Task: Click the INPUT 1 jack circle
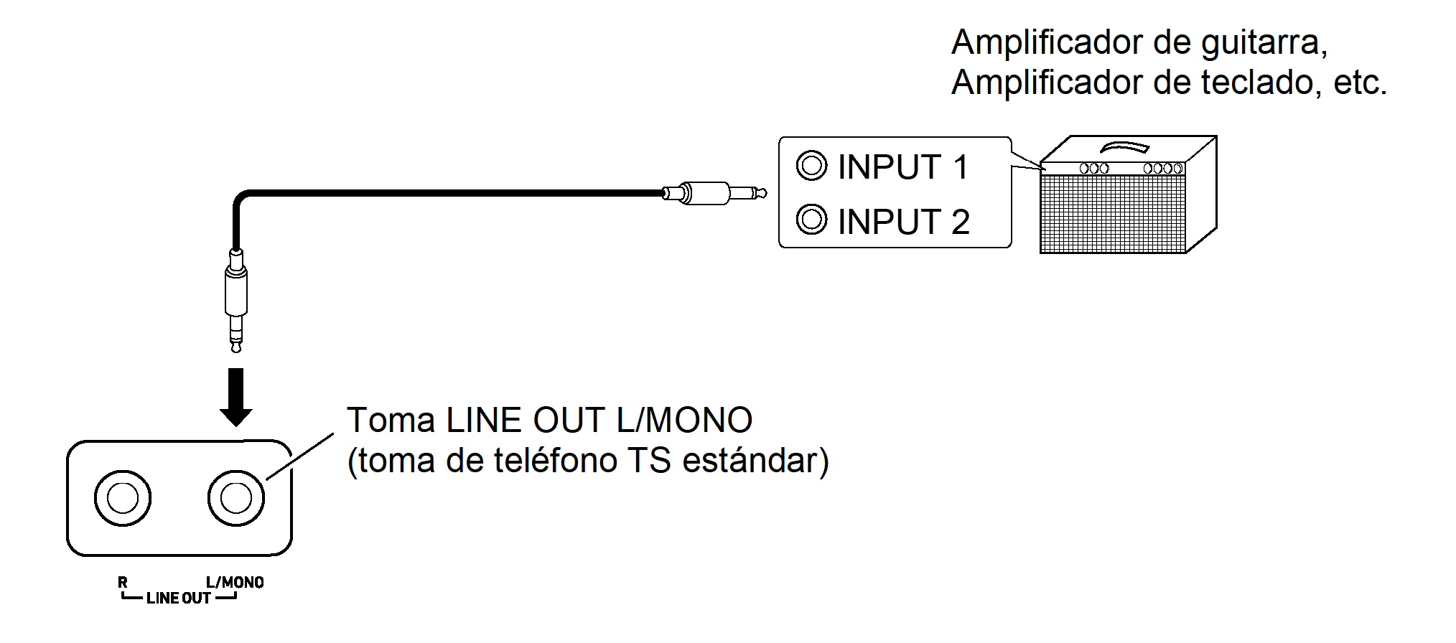pos(811,166)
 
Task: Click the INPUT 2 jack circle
pos(811,219)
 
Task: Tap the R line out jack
pos(123,498)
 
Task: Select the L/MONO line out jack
pos(236,498)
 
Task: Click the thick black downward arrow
pos(235,397)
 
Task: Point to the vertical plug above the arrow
pos(236,298)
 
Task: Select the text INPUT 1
pos(903,167)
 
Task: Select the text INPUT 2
pos(903,222)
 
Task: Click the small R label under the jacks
pos(123,583)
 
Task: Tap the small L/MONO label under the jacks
pos(235,583)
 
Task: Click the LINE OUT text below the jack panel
pos(179,599)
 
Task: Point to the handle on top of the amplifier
pos(1125,147)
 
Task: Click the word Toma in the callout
pos(391,421)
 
